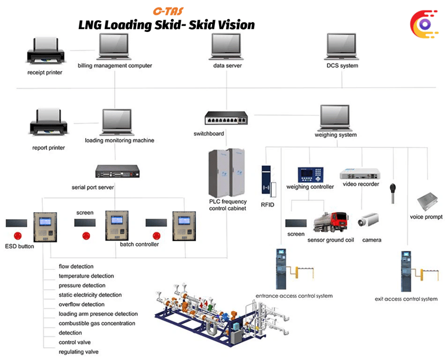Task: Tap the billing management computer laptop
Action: click(x=115, y=46)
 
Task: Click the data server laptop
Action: click(x=227, y=46)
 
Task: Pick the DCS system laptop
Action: click(x=342, y=46)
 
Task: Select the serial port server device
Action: click(x=118, y=172)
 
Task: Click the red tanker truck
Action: click(x=331, y=223)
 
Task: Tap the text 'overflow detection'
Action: click(x=82, y=304)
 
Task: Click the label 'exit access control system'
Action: click(x=406, y=299)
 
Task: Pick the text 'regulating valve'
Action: click(x=79, y=352)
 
